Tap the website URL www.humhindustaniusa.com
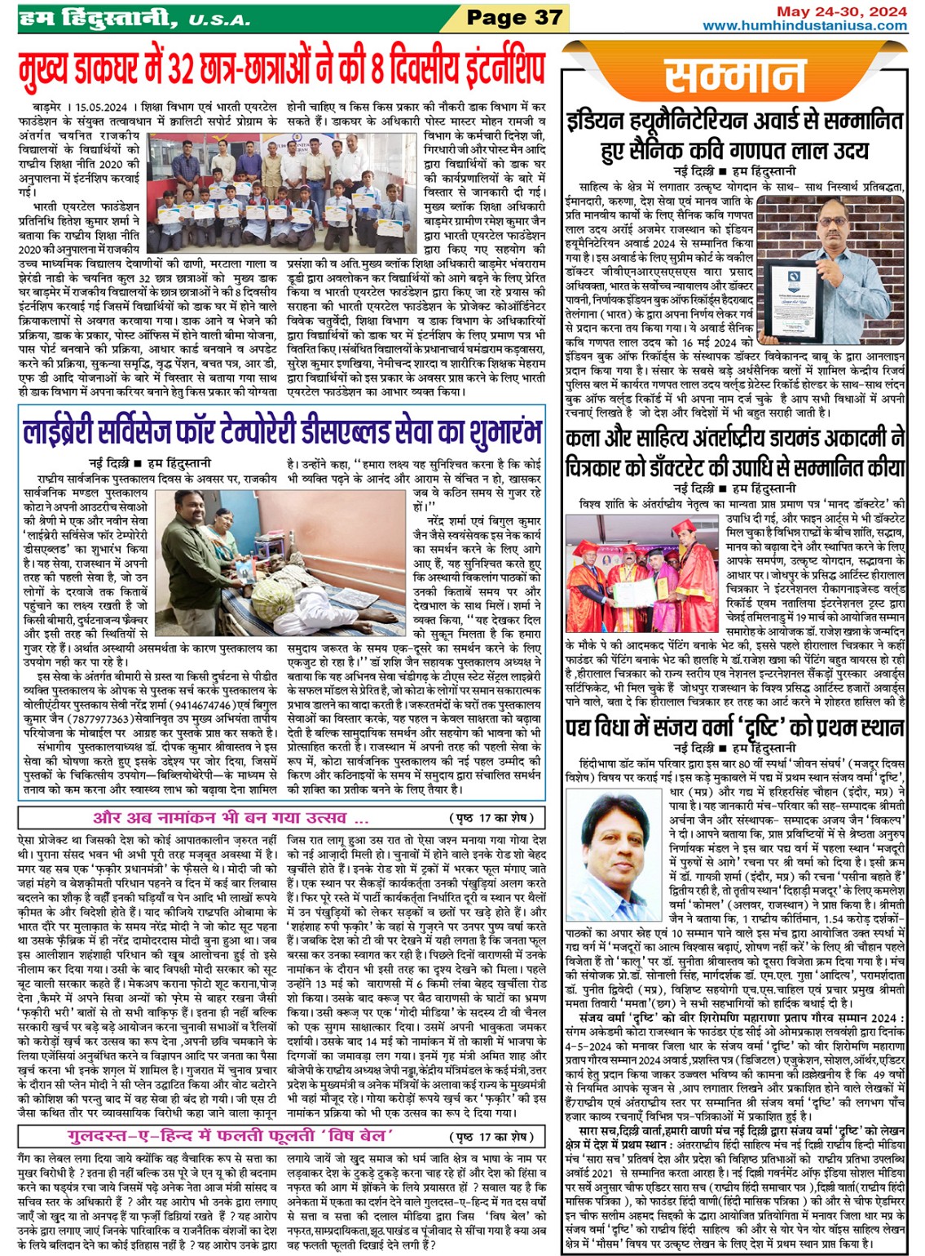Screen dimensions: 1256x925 pos(804,25)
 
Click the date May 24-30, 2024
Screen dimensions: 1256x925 pos(841,11)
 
